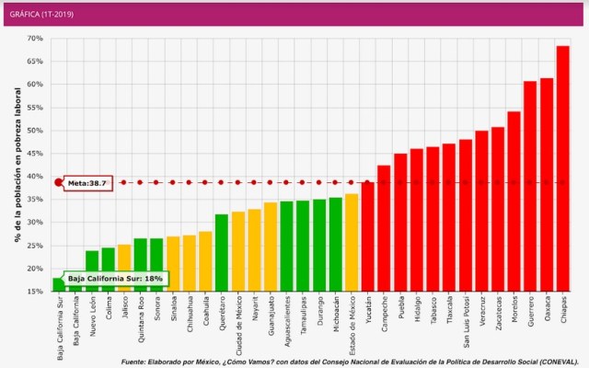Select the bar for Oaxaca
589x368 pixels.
[x=547, y=184]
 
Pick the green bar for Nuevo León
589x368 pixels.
[x=92, y=270]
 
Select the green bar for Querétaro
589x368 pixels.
[x=222, y=252]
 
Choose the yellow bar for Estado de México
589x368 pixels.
[x=352, y=242]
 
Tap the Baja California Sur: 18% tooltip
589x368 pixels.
[x=114, y=278]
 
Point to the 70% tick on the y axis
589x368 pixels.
[x=35, y=39]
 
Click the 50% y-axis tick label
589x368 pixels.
[x=35, y=131]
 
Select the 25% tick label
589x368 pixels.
[x=35, y=246]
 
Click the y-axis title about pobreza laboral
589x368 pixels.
[x=17, y=165]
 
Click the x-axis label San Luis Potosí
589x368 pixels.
[x=466, y=322]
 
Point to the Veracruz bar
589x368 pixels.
[x=481, y=211]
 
